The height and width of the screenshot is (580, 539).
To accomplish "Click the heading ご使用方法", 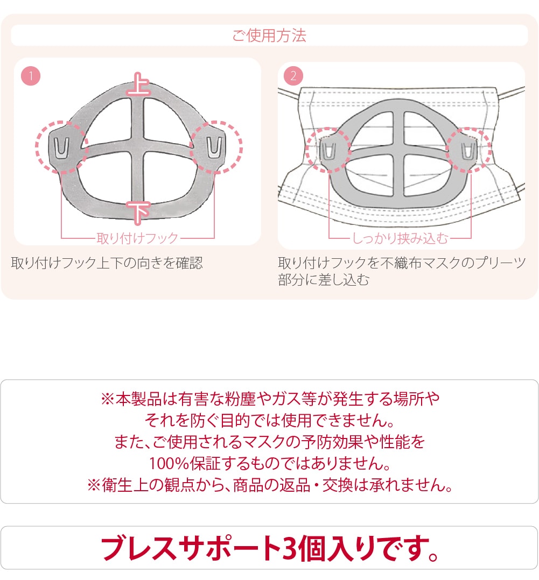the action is (x=269, y=36).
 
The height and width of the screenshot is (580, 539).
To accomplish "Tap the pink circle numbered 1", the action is (x=31, y=76).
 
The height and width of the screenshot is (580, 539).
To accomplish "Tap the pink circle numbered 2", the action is (x=293, y=76).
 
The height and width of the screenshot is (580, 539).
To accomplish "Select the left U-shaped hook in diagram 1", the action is (x=61, y=148).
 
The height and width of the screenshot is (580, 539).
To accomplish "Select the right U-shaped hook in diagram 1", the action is (x=214, y=147).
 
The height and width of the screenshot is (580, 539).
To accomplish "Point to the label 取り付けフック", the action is (x=137, y=238).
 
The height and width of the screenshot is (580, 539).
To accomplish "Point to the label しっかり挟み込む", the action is (x=400, y=238).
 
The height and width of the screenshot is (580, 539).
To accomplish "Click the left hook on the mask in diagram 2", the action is (x=328, y=151).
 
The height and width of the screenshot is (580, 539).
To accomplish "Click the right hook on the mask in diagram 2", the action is (x=468, y=151).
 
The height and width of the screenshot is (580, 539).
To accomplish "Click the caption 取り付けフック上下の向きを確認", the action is (x=107, y=263).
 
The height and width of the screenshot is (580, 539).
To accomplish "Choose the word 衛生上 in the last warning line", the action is (x=125, y=485).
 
